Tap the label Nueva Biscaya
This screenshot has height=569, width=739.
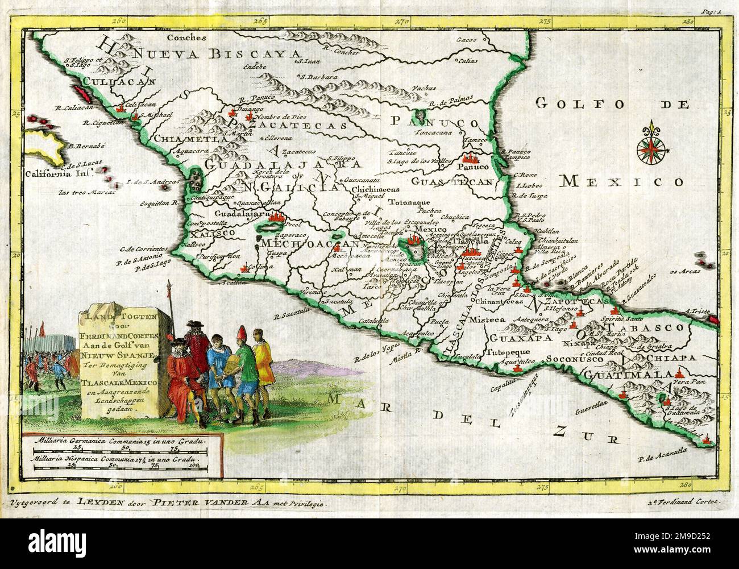pos(216,54)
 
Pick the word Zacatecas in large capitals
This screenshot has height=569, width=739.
pos(298,124)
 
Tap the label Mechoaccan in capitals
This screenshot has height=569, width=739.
pos(310,243)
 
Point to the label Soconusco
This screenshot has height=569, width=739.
pos(571,359)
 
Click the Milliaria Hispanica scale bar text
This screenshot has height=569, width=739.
pos(117,458)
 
